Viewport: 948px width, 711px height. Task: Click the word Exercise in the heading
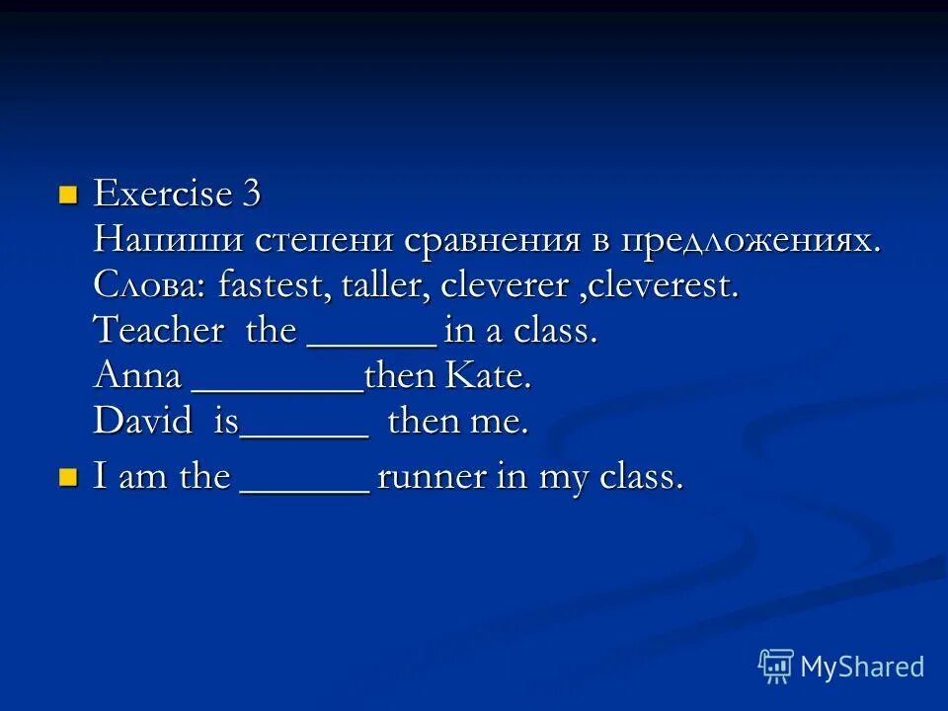click(x=162, y=194)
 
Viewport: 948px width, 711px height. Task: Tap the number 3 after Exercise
click(x=251, y=194)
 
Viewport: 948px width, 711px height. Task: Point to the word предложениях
click(x=751, y=242)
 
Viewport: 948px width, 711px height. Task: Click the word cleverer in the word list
click(x=505, y=286)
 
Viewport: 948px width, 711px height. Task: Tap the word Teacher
click(x=159, y=331)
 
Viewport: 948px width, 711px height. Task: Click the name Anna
click(x=137, y=376)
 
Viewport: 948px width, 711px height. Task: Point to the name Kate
click(x=490, y=376)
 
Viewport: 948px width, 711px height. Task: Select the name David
click(x=143, y=422)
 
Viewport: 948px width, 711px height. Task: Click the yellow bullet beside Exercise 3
click(x=68, y=193)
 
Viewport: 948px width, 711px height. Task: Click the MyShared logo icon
click(x=775, y=667)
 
